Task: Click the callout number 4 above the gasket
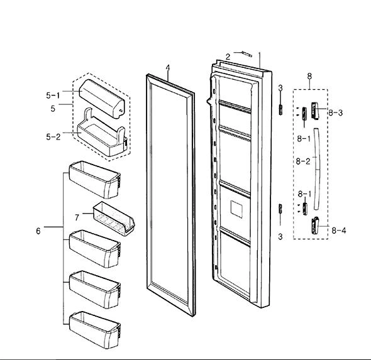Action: [x=168, y=68]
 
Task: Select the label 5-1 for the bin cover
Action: [x=53, y=95]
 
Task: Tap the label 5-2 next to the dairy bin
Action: [x=53, y=137]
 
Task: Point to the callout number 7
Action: [x=77, y=217]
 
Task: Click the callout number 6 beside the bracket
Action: [x=38, y=231]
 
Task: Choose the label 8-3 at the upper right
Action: [x=336, y=112]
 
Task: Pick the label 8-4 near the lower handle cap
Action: [x=339, y=230]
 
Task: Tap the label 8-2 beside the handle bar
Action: [x=303, y=161]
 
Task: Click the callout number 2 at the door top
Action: [x=228, y=57]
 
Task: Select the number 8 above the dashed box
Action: [x=309, y=76]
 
